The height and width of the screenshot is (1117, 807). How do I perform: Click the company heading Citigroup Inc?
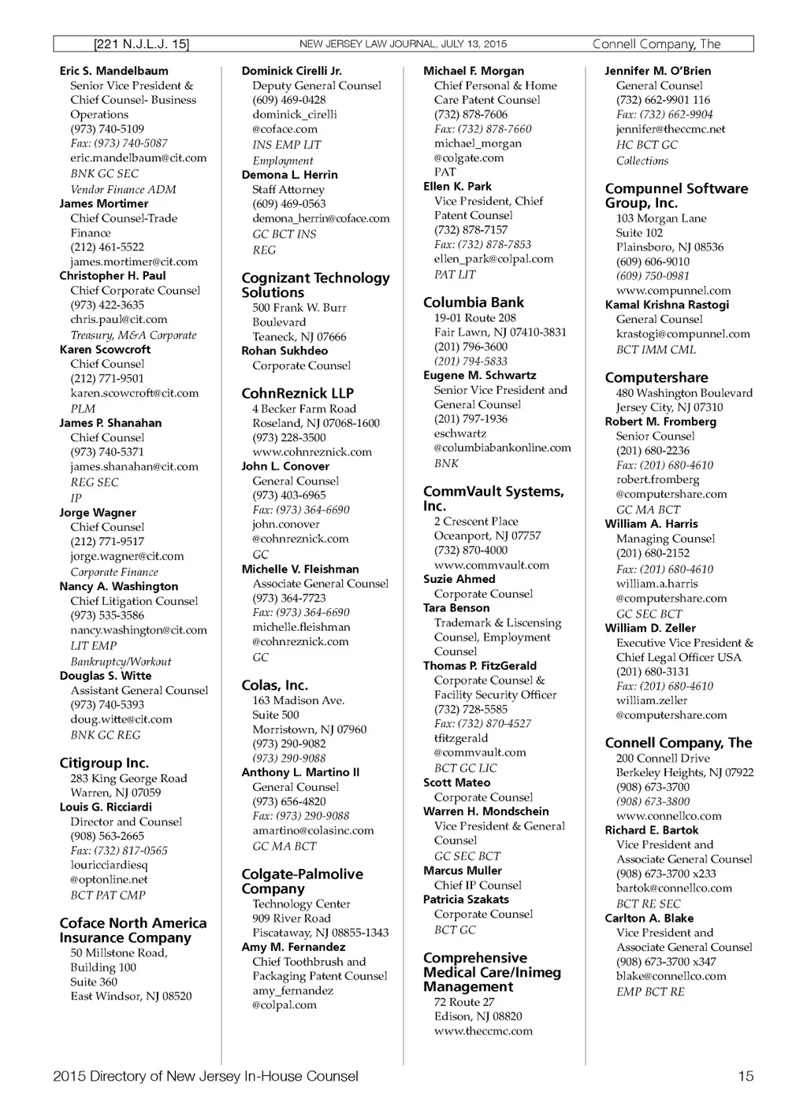104,763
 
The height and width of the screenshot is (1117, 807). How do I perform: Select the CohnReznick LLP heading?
297,393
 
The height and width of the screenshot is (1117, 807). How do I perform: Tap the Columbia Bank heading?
473,302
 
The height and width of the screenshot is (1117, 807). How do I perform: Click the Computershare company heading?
656,377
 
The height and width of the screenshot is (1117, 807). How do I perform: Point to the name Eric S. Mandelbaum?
113,71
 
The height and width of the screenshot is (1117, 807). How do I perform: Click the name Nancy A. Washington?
118,586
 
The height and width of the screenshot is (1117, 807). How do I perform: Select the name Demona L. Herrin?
289,175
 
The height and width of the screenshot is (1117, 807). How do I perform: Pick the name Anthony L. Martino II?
299,772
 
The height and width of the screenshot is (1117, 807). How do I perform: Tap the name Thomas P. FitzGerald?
479,666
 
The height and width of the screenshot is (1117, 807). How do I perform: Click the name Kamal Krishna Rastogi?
667,305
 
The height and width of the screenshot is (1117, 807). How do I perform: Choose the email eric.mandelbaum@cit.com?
139,158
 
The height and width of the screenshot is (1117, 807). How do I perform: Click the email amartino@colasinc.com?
313,830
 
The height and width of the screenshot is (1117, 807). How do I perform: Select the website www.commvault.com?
491,565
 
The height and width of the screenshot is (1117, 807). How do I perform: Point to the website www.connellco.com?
668,816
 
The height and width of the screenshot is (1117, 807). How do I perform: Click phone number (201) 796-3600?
470,347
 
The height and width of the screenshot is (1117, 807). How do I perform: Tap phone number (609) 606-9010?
653,262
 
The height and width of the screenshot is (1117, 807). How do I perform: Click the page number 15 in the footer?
745,1076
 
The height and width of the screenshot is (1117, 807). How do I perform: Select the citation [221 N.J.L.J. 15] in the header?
141,44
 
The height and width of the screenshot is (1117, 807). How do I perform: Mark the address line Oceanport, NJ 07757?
487,536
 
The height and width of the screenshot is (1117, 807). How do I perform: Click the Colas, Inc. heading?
274,685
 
